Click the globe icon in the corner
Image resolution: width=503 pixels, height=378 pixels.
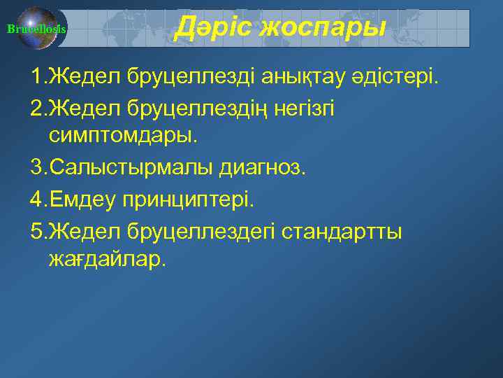point(38,29)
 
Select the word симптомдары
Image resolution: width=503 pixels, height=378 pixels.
point(124,136)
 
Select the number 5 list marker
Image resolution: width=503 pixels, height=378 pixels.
point(36,230)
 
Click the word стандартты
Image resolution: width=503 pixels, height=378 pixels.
point(342,230)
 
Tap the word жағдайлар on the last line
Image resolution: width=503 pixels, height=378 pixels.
point(108,260)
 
